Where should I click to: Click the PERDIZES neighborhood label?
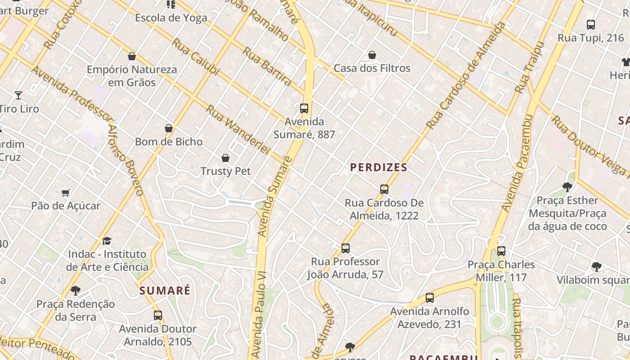378,167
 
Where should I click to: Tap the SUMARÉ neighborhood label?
165,291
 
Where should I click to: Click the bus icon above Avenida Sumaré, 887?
304,108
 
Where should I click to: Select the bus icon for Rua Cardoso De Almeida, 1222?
384,189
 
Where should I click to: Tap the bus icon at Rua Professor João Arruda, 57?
345,248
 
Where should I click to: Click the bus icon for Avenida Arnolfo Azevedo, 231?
430,298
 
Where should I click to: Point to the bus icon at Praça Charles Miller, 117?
501,251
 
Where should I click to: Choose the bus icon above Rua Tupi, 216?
591,25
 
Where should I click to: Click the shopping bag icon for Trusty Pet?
225,158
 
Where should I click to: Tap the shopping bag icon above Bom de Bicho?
169,128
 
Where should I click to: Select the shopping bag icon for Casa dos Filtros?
372,55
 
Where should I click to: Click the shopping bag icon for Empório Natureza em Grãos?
132,56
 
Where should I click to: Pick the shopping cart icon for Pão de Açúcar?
66,193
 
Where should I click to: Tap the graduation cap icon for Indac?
107,241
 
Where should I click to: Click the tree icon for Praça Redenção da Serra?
76,291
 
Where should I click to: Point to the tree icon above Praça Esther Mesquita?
567,187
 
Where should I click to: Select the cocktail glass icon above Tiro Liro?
18,95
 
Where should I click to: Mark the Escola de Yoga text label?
171,18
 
